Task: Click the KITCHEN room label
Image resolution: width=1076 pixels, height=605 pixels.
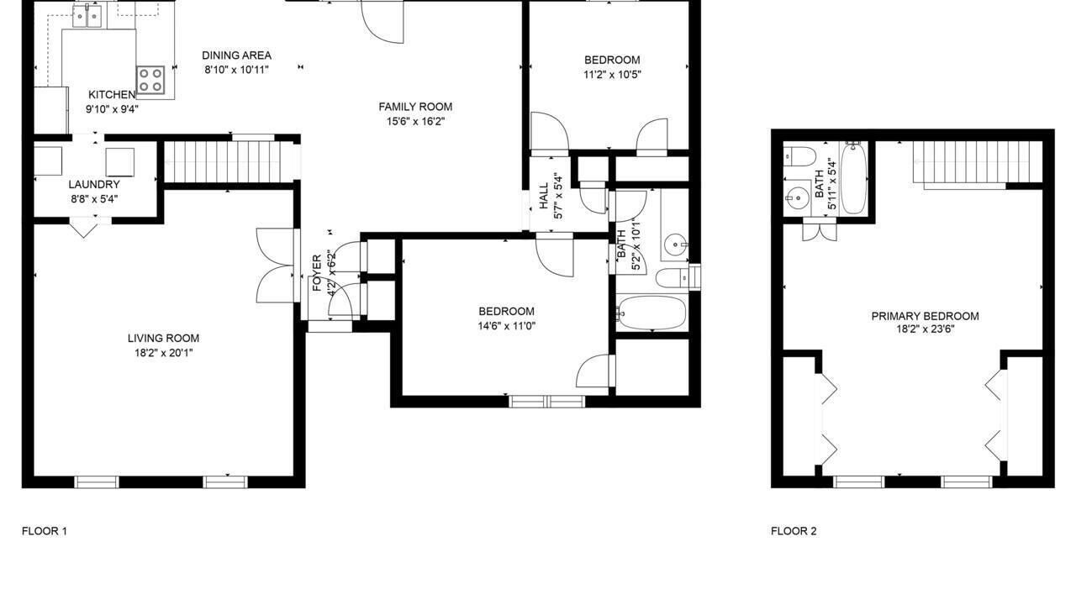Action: click(112, 95)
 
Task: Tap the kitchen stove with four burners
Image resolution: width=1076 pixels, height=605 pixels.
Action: click(150, 80)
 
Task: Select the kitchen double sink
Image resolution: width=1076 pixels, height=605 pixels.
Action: click(87, 16)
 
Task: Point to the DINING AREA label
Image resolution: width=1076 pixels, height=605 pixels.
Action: click(236, 55)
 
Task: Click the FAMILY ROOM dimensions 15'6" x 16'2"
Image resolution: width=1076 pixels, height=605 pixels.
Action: click(415, 122)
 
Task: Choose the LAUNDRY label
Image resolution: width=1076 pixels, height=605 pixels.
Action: click(94, 184)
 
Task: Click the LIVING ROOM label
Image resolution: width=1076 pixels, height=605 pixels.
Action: click(163, 338)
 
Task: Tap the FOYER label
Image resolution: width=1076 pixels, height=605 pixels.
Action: click(317, 273)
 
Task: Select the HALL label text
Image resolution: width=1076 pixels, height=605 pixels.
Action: click(544, 196)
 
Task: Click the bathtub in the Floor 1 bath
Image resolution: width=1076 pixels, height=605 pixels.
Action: click(651, 313)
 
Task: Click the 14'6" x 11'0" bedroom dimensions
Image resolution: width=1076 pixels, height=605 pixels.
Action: click(506, 326)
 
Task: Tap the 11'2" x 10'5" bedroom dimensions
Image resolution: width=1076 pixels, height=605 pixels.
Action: click(613, 75)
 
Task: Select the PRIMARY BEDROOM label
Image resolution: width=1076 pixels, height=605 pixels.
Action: click(926, 317)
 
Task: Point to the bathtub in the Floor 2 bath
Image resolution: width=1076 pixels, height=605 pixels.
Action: click(853, 178)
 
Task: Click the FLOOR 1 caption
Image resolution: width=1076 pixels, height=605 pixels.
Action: click(45, 531)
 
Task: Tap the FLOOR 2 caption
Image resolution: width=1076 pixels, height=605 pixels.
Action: click(794, 531)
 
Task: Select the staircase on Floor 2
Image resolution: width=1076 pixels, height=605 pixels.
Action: click(978, 162)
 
